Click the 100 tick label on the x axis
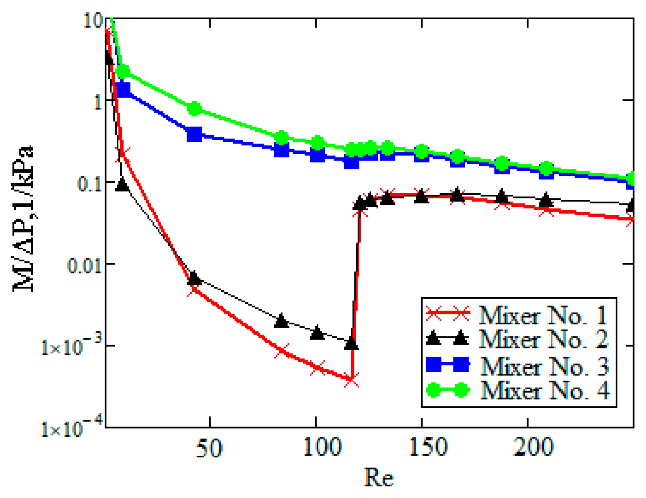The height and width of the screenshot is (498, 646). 322,447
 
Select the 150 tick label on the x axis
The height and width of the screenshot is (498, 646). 428,447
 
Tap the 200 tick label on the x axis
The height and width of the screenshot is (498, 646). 533,447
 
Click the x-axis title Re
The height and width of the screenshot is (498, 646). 379,478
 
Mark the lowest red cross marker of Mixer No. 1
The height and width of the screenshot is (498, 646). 351,379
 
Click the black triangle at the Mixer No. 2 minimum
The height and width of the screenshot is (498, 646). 351,343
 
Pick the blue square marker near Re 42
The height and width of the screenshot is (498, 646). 194,134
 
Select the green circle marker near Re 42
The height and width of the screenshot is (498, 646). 195,109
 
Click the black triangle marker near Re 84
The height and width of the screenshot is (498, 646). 282,321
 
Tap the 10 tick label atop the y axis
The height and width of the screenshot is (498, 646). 93,21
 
